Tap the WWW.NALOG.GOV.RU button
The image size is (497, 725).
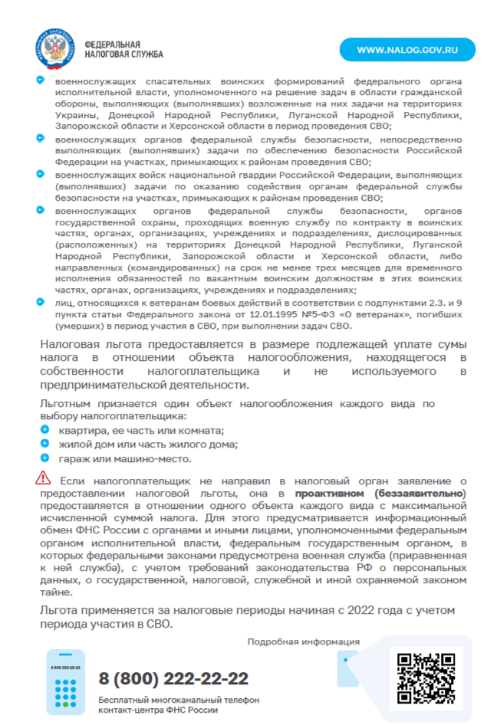click(407, 50)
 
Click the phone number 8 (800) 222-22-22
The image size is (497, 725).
click(173, 678)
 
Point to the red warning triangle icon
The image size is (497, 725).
click(43, 478)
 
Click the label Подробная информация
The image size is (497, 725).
click(303, 642)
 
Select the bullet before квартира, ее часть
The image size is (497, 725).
click(44, 431)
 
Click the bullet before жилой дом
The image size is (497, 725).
click(44, 445)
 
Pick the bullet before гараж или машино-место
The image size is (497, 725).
click(44, 458)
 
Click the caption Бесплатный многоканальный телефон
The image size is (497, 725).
click(179, 700)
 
